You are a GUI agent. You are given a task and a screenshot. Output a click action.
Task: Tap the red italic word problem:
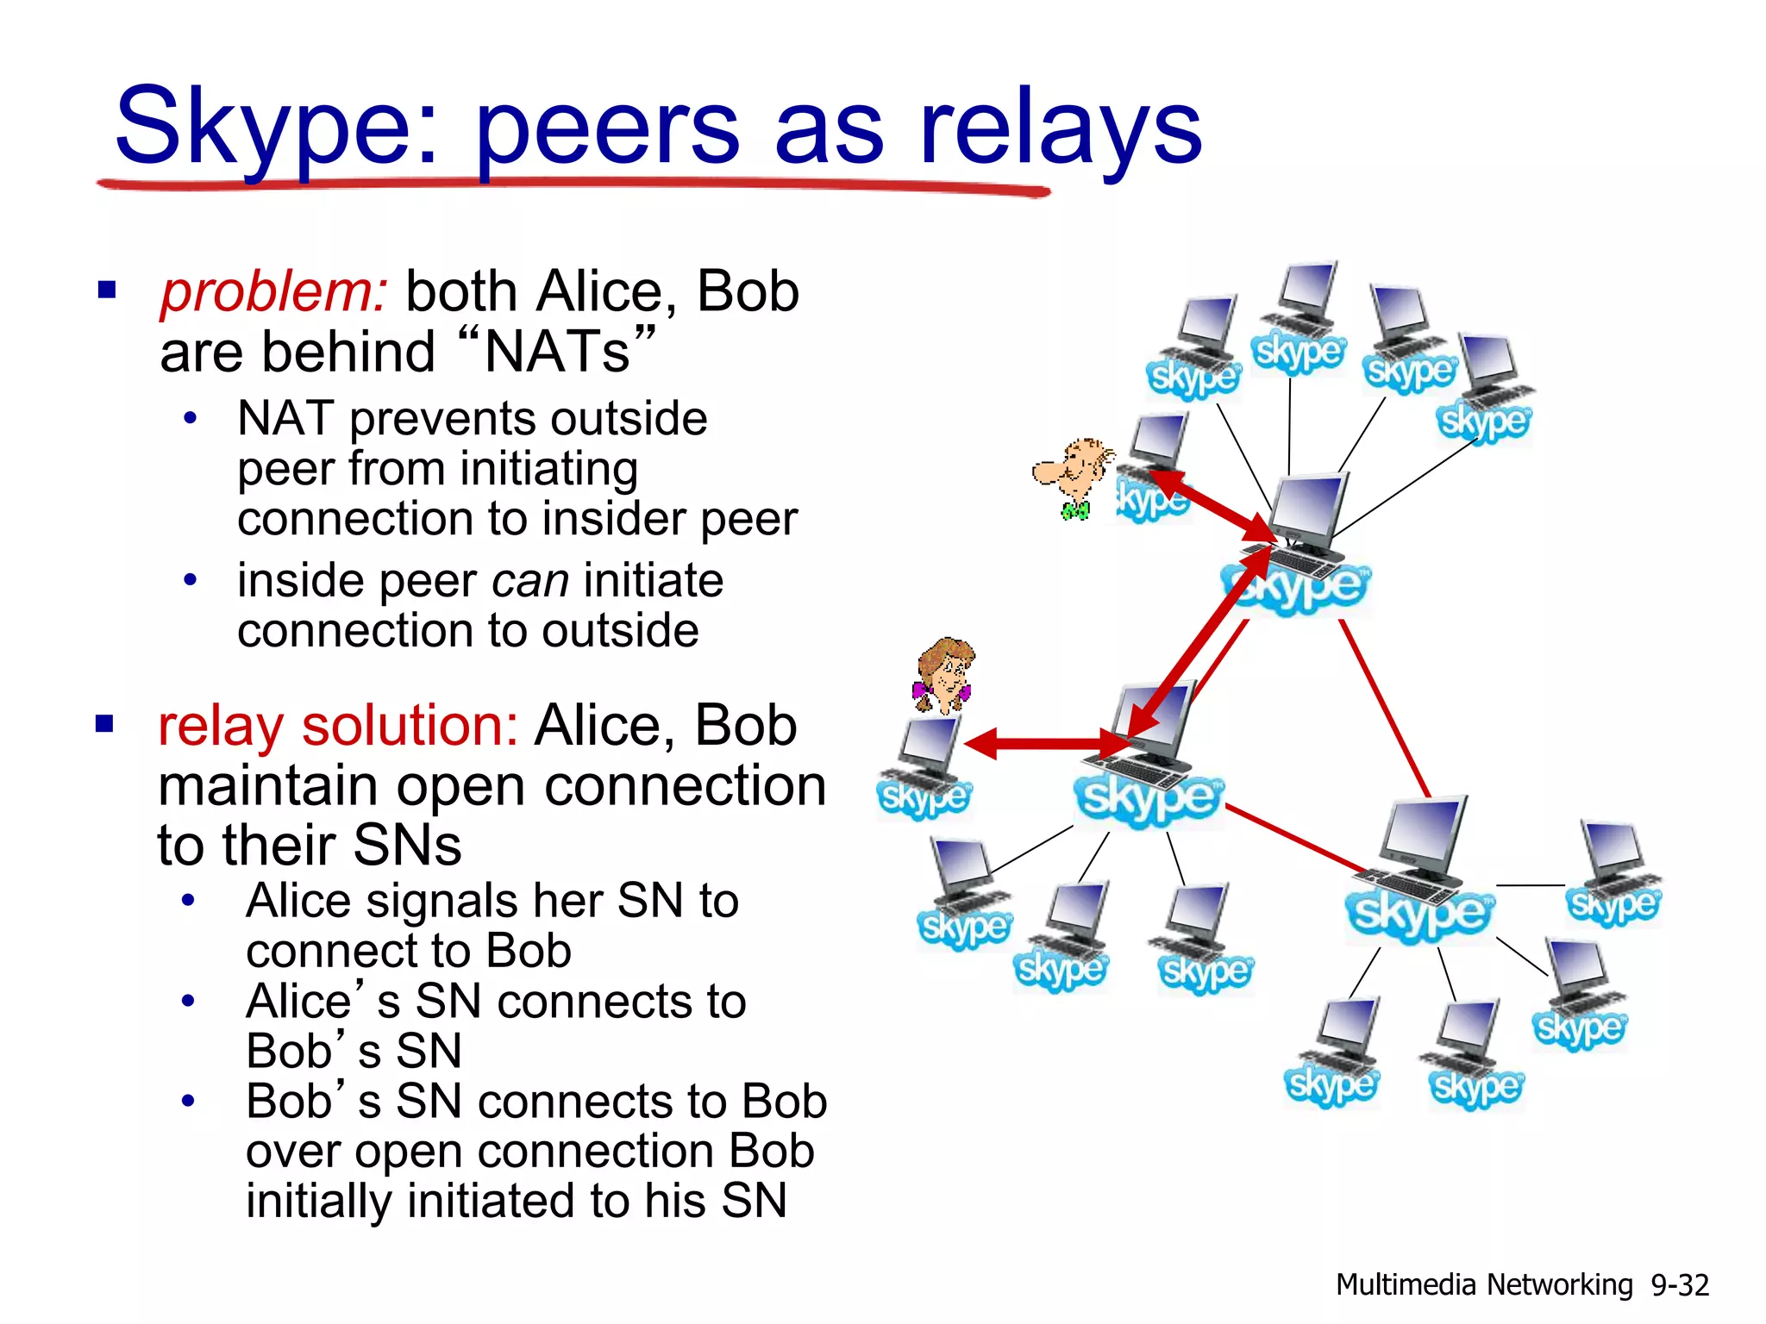click(274, 292)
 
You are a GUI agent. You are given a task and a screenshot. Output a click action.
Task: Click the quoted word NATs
click(557, 353)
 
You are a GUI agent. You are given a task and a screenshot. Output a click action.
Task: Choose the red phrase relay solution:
click(337, 726)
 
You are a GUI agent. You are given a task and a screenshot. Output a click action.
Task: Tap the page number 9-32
click(1679, 1285)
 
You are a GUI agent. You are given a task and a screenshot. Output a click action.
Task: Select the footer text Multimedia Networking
click(1483, 1285)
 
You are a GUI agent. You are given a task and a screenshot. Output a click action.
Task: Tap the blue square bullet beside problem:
click(107, 290)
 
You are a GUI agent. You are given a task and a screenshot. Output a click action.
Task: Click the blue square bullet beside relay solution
click(105, 723)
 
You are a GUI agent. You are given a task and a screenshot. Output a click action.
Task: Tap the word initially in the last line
click(319, 1202)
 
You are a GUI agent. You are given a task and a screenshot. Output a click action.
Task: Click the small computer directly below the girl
click(928, 759)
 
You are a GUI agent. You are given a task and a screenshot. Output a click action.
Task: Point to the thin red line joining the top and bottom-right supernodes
click(1384, 707)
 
